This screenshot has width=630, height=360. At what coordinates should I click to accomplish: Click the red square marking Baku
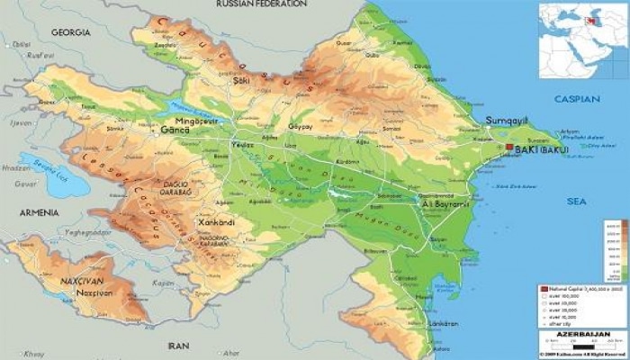pos(509,147)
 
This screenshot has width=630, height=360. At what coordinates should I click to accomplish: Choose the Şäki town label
pos(241,80)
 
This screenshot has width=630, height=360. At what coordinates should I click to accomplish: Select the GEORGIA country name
pos(70,32)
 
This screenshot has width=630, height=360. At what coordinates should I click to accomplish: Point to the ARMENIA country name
pos(35,212)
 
